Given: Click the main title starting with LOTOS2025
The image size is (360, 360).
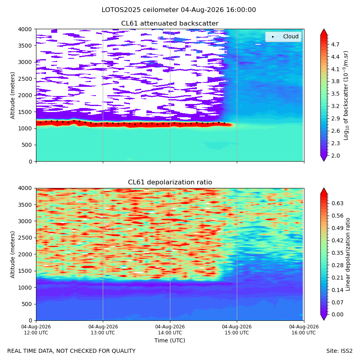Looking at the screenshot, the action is coord(179,10).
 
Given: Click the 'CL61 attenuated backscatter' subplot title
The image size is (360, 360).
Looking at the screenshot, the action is coord(170,24).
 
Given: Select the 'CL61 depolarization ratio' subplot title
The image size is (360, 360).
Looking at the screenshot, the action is coord(170,182).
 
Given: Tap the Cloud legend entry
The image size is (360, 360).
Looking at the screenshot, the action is coord(283,37).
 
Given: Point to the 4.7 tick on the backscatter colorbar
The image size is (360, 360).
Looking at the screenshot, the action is coord(335,44).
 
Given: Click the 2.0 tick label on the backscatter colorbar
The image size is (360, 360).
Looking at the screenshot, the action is coord(335,156).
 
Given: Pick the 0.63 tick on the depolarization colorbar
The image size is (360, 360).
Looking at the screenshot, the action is coord(338,204).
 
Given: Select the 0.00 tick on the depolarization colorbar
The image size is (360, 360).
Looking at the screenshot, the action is coord(338,314).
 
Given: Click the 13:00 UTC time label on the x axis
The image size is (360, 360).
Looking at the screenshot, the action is coord(103,330).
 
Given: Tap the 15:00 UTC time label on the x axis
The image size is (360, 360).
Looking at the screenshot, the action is coord(237,330).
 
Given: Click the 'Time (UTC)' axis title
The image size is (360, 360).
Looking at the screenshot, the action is coord(170,340).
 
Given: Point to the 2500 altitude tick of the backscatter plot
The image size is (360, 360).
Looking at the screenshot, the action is coord(25,79).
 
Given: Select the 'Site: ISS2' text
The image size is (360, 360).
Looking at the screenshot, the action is coord(339,351).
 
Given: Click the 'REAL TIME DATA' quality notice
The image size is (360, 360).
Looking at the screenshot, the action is coord(72,351).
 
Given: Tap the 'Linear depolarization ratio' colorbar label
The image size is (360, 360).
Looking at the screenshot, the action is coord(348,254).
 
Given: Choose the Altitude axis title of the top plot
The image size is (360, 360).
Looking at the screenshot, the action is coord(12,96).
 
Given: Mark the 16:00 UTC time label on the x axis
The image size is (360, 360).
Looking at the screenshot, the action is coord(304,330).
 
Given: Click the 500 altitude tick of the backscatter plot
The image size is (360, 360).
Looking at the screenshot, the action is coord(27,145).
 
